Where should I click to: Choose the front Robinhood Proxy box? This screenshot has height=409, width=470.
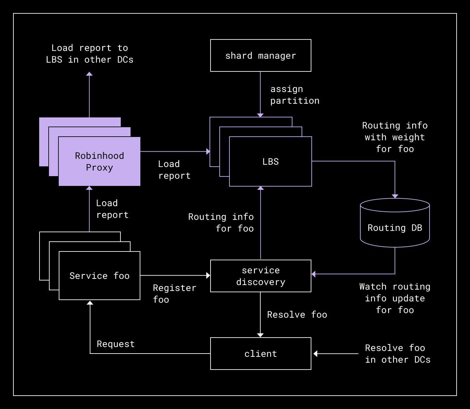click(x=100, y=161)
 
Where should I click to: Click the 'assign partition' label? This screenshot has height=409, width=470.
click(x=295, y=95)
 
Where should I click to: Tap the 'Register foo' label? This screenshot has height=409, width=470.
click(x=175, y=294)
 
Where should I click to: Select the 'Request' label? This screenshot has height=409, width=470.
click(x=116, y=344)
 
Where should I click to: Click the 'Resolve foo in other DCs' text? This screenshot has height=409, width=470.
click(x=398, y=354)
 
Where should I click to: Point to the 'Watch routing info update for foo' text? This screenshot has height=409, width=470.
click(x=395, y=298)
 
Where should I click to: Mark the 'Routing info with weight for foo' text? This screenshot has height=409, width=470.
click(x=395, y=137)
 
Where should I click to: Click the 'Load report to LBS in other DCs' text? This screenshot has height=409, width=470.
click(x=89, y=54)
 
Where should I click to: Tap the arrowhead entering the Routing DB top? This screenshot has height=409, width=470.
click(x=395, y=196)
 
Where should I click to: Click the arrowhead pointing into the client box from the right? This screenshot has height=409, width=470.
click(x=315, y=354)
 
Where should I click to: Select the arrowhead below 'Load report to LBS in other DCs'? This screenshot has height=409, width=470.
click(x=89, y=74)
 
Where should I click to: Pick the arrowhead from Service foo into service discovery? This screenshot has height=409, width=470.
click(x=208, y=275)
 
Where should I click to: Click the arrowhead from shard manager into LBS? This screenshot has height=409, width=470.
click(x=260, y=115)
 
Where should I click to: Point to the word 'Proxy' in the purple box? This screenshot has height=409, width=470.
click(x=100, y=168)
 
